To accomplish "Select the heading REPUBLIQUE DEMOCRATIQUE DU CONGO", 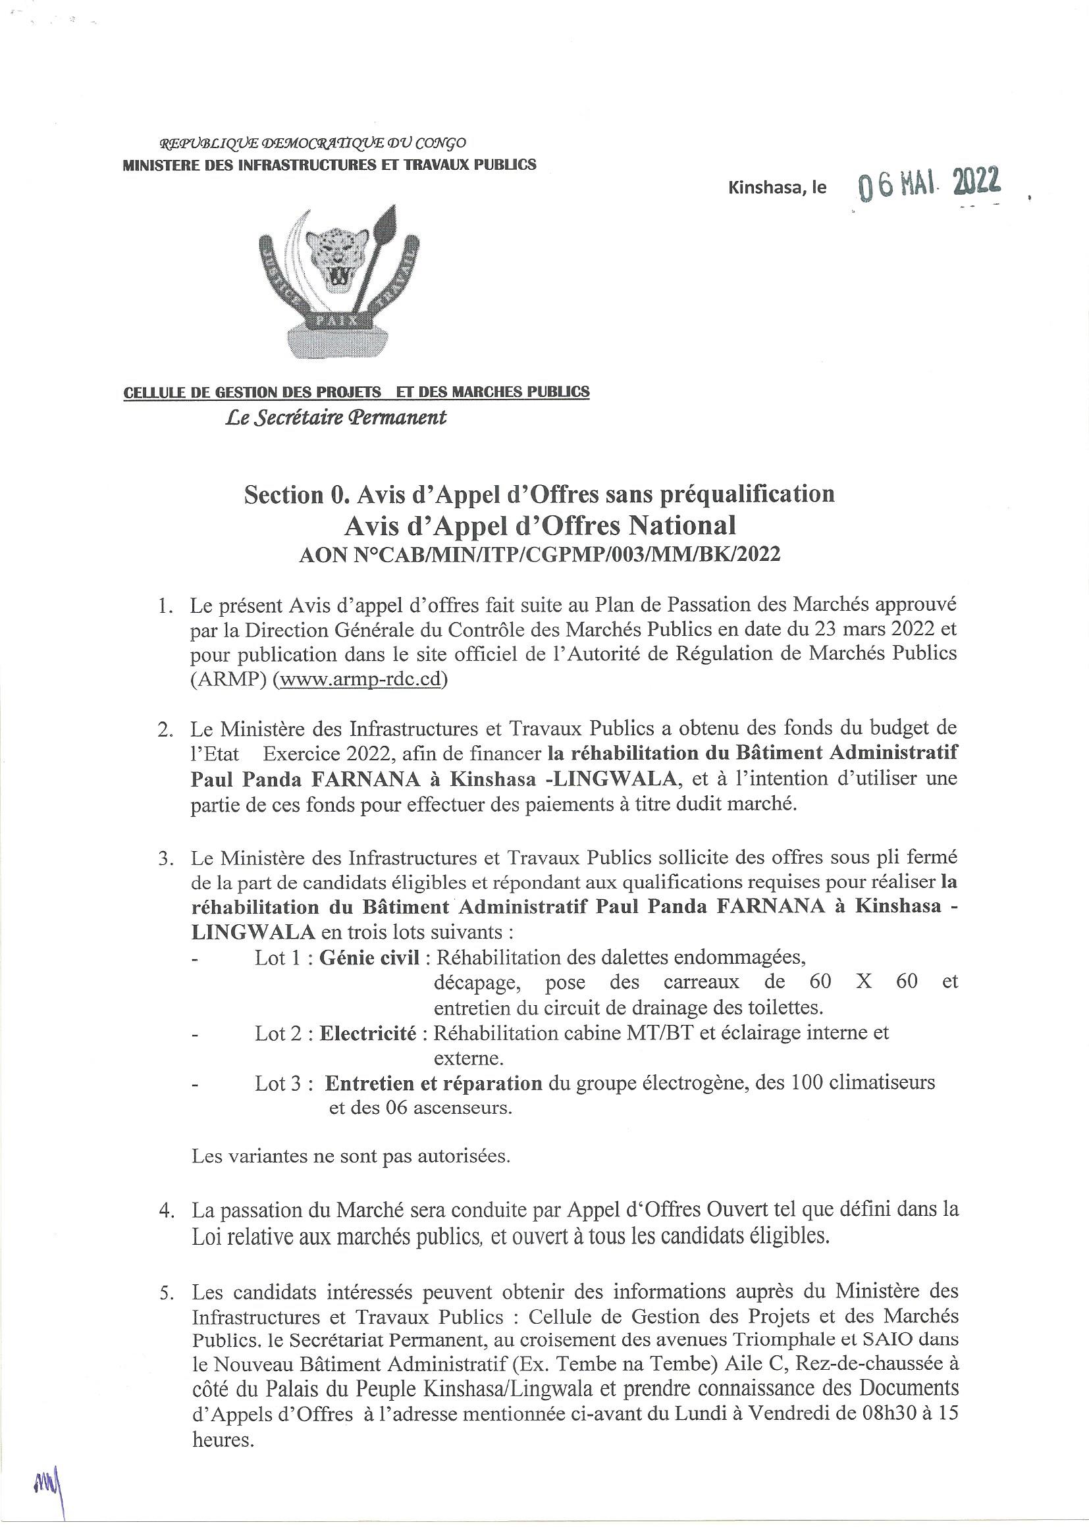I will (312, 143).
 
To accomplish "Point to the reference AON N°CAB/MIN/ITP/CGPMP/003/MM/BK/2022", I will (540, 555).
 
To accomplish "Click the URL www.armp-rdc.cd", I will (362, 679).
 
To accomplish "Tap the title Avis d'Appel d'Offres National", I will (540, 525).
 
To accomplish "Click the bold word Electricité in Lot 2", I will (367, 1033).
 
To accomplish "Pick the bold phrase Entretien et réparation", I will (434, 1083).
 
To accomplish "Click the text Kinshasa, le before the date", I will (777, 188).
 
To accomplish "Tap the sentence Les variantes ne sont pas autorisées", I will (351, 1157).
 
